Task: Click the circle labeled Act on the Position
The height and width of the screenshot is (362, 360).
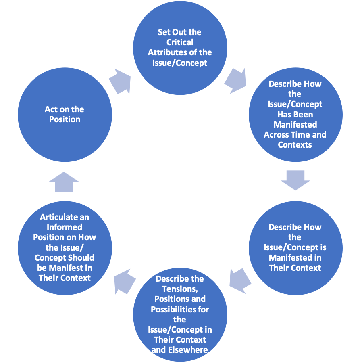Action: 65,114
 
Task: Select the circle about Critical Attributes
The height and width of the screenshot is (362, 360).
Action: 180,48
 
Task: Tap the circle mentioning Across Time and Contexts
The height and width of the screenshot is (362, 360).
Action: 295,114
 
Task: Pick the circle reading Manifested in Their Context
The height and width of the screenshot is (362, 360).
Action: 295,247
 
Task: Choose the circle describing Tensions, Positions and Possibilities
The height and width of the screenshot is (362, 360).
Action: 180,314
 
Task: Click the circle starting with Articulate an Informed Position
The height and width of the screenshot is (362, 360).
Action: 65,247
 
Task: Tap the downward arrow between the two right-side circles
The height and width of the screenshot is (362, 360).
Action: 295,180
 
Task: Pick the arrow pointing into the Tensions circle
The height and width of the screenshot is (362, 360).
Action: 240,280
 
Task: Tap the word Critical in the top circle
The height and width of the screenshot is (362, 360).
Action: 180,42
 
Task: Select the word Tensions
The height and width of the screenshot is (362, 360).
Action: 179,289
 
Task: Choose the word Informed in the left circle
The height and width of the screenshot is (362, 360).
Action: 65,227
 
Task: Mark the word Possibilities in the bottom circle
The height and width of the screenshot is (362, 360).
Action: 180,309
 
